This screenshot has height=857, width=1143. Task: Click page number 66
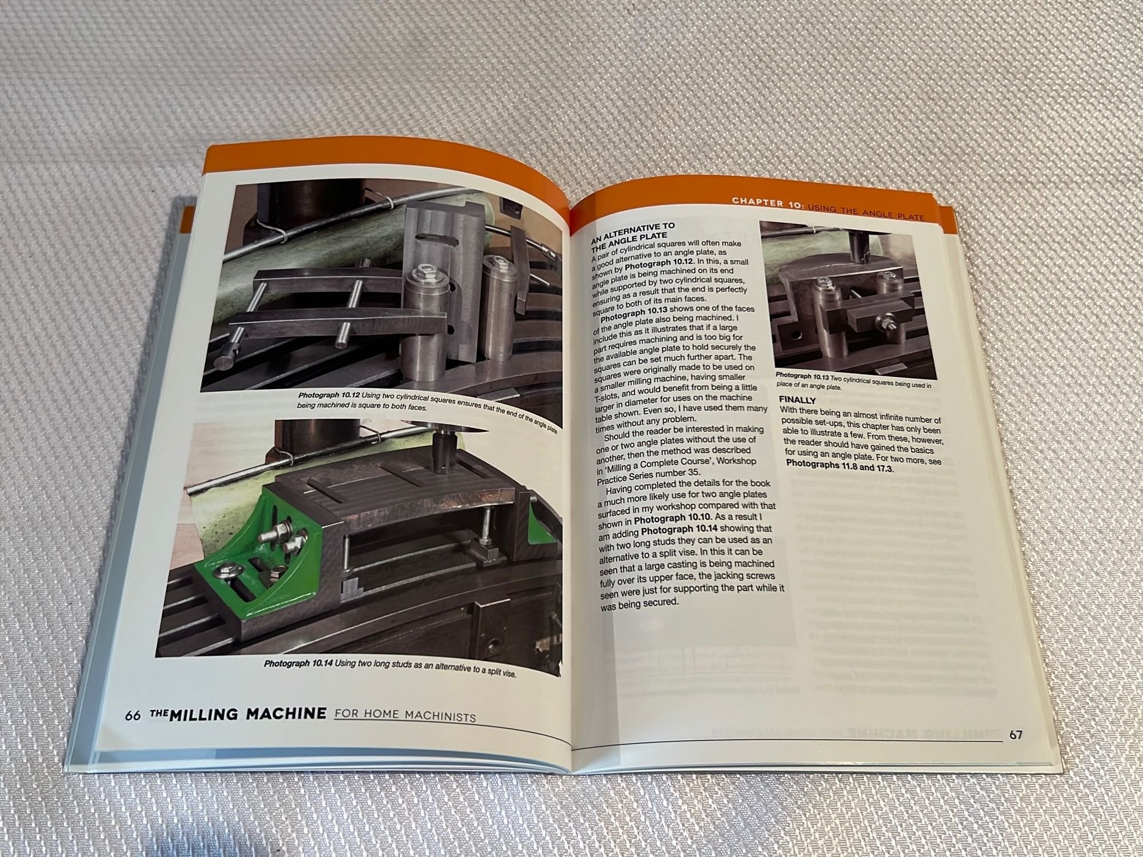133,716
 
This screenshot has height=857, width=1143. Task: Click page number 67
1015,735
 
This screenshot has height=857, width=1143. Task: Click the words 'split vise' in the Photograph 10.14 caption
494,672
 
